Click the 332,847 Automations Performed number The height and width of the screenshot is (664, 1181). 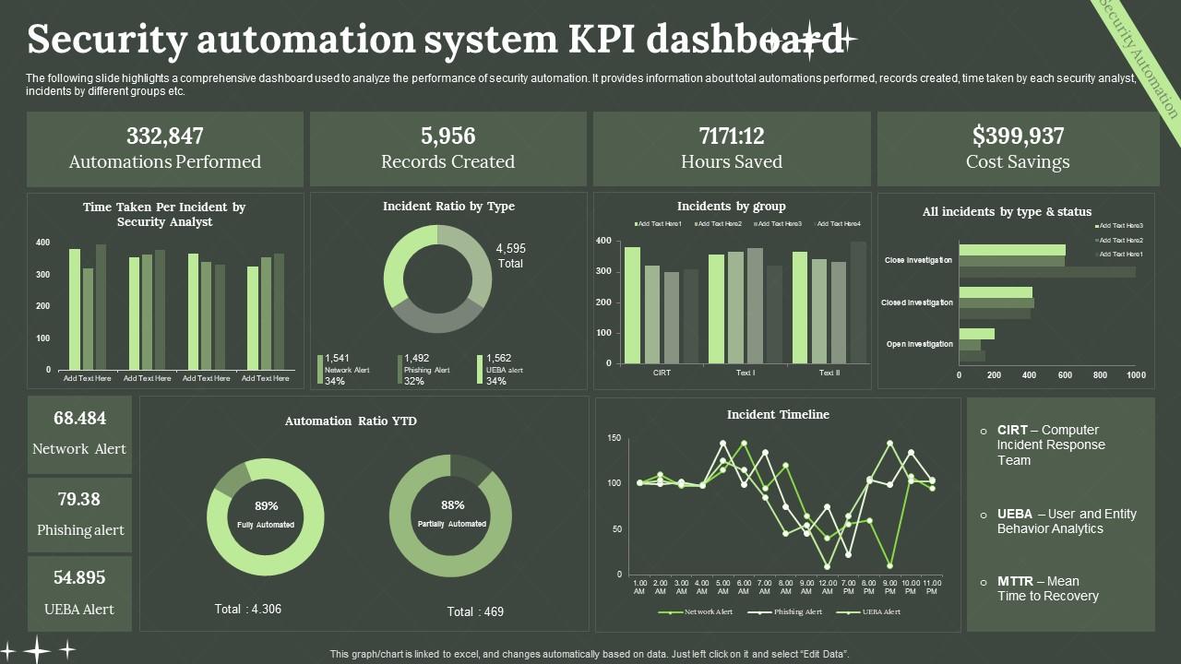click(164, 136)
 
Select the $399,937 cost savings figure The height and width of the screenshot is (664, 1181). click(1018, 136)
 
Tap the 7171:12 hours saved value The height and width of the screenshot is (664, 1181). click(732, 136)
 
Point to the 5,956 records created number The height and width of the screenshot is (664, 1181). click(447, 136)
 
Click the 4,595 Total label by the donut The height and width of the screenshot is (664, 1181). click(510, 255)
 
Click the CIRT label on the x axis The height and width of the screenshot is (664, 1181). click(662, 373)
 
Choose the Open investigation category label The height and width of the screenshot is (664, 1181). click(919, 344)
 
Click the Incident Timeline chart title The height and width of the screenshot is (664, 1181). click(778, 415)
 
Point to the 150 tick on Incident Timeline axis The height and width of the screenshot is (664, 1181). click(614, 438)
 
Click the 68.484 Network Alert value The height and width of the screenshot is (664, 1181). click(79, 419)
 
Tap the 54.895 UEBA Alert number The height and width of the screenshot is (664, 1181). click(79, 578)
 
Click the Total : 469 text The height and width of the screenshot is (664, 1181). click(475, 611)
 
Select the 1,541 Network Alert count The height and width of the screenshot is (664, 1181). click(339, 358)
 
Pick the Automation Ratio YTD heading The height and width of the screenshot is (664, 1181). click(351, 421)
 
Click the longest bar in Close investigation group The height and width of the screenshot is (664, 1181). click(1046, 272)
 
